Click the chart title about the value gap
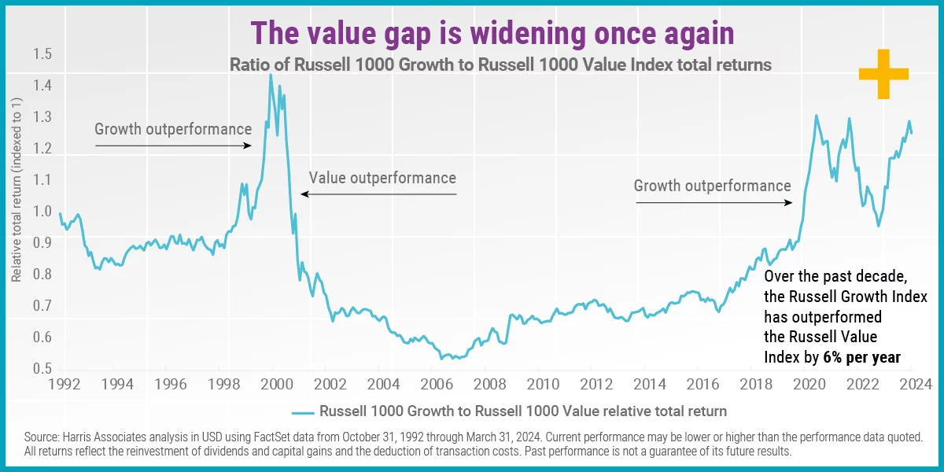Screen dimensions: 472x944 coord(492,34)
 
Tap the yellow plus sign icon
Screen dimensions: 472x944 coord(883,74)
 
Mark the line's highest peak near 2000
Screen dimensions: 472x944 coord(271,75)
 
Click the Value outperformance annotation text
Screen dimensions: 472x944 coord(382,178)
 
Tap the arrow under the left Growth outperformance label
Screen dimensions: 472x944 coord(173,145)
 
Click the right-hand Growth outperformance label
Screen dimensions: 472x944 coord(712,186)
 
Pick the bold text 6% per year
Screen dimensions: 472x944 coord(861,357)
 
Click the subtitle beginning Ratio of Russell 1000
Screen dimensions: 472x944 coord(500,65)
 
